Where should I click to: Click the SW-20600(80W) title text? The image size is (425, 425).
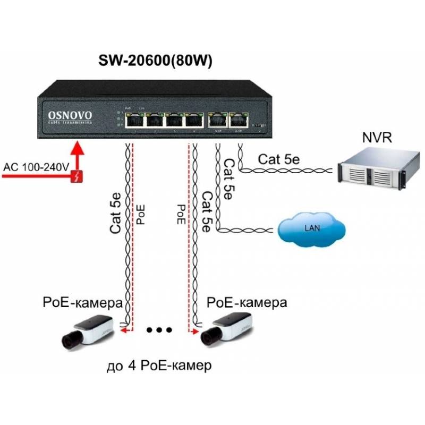tap(155, 61)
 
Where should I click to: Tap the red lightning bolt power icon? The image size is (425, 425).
tap(78, 176)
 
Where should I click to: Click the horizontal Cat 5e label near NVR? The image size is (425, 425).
tap(279, 159)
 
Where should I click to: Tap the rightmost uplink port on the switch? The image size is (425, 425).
tap(237, 121)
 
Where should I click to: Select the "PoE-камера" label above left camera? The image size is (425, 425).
tap(82, 303)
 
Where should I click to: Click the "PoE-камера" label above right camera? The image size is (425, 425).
tap(246, 303)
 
